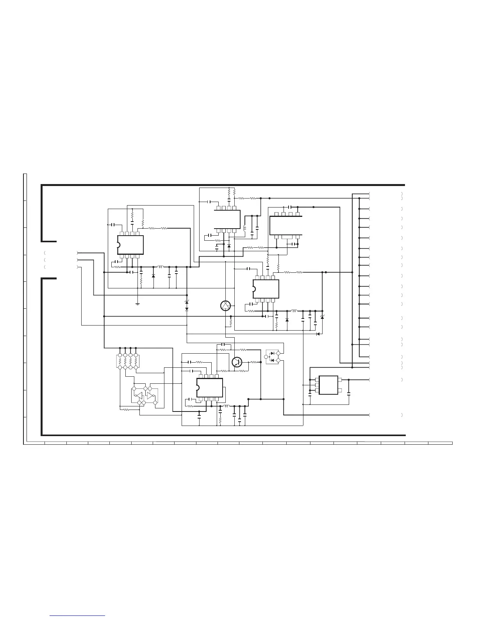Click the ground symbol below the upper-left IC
[x=138, y=303]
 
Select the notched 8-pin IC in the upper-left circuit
[x=130, y=245]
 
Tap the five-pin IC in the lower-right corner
[x=328, y=385]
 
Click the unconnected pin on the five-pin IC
[x=340, y=390]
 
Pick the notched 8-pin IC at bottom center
[x=210, y=388]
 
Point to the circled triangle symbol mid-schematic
[x=225, y=306]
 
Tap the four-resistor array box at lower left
[x=128, y=361]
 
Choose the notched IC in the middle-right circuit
[x=266, y=289]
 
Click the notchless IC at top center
[x=227, y=220]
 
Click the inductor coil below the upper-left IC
[x=160, y=267]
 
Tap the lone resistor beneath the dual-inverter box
[x=126, y=410]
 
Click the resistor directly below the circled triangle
[x=231, y=323]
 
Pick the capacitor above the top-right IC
[x=290, y=207]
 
